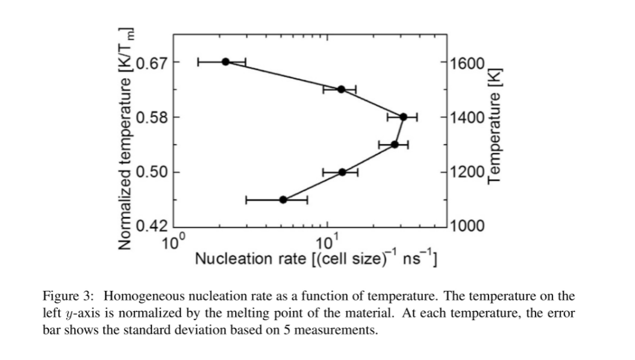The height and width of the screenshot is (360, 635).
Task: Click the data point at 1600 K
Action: point(226,61)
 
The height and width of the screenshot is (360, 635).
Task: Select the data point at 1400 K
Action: point(403,117)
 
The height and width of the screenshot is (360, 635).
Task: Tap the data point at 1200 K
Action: point(342,172)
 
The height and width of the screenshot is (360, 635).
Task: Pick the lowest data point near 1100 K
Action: point(283,199)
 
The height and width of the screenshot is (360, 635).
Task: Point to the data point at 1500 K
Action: point(341,89)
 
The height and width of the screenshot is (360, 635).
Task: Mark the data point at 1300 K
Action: point(395,144)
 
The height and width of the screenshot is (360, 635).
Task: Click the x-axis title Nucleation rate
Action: point(317,259)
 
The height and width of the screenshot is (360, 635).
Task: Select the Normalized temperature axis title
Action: point(126,138)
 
